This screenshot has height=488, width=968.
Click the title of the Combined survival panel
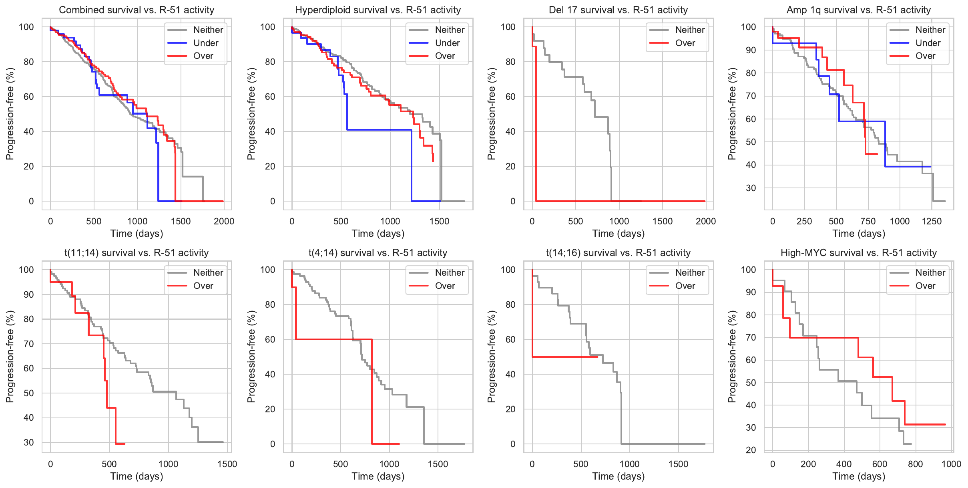tap(137, 10)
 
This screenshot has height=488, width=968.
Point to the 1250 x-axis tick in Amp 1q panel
tap(932, 221)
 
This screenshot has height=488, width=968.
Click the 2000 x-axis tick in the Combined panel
tap(224, 221)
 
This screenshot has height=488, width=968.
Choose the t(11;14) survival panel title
tap(137, 253)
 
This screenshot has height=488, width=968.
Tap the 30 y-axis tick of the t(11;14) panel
tap(29, 442)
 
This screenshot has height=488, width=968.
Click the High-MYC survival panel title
tap(859, 253)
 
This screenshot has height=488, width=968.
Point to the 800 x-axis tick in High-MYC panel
tap(916, 464)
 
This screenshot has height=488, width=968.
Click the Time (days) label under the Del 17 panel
tap(619, 234)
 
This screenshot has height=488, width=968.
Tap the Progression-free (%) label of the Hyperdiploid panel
tap(251, 114)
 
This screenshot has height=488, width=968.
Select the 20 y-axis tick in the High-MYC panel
tap(751, 450)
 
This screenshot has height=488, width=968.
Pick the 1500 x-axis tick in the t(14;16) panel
tap(678, 464)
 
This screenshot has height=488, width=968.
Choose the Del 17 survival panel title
tap(618, 10)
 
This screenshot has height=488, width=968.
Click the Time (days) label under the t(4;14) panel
tap(378, 476)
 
